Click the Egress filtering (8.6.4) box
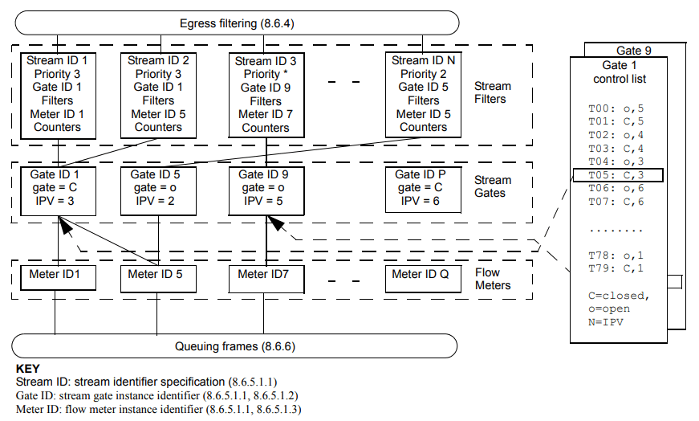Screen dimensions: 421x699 click(x=235, y=22)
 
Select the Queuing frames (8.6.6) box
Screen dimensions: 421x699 click(x=235, y=346)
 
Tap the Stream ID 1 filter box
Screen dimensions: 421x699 click(x=57, y=94)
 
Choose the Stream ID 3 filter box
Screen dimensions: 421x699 click(x=266, y=95)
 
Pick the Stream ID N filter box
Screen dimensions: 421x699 click(x=423, y=94)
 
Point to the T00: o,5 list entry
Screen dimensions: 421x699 click(x=616, y=107)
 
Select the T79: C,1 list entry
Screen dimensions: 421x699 click(x=616, y=267)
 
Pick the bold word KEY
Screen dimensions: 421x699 click(x=28, y=369)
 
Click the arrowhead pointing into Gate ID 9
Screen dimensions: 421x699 click(x=277, y=223)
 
